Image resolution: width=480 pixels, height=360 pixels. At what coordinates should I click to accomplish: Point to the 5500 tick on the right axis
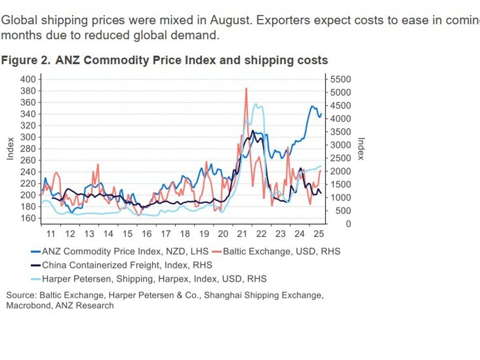(341, 79)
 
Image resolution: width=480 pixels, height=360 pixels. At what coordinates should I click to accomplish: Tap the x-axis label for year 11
(51, 234)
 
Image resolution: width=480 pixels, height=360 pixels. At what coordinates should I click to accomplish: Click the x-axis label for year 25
(318, 234)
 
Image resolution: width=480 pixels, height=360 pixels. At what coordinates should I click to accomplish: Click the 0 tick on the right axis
(334, 224)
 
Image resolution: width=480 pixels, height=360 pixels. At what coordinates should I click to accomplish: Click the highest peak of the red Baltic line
(246, 89)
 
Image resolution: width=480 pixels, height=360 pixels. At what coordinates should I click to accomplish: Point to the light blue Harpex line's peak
(256, 104)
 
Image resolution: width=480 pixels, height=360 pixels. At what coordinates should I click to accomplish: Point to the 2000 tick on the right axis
(341, 171)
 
